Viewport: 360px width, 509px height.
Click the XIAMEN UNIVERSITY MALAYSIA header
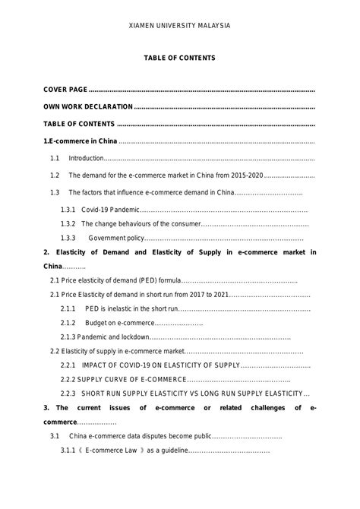180,25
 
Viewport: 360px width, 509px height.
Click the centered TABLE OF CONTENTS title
180,58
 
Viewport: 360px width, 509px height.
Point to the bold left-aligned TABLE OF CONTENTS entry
79,124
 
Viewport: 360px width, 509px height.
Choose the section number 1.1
55,158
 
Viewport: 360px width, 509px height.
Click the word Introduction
85,158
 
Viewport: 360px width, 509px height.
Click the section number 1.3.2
68,223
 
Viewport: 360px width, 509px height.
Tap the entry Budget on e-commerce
113,323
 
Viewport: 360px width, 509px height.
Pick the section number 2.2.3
68,394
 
